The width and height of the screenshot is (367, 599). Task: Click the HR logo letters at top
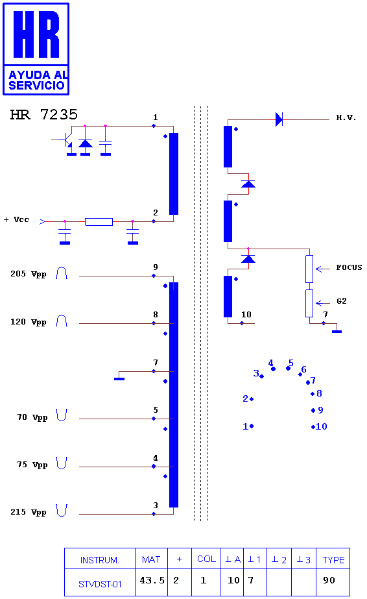(x=36, y=34)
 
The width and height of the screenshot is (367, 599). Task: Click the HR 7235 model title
(x=44, y=114)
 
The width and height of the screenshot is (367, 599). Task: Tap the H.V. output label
(x=346, y=117)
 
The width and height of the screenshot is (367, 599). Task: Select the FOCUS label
(x=349, y=267)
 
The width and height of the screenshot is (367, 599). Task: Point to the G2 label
(x=342, y=301)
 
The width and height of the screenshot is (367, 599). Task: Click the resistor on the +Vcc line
(x=99, y=221)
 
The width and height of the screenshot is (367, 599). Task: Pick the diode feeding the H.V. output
(x=279, y=119)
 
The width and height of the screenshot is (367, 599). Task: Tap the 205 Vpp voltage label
(x=29, y=274)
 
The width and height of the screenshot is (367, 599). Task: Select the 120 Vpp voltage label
(x=29, y=322)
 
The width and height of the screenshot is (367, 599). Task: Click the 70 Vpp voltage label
(x=32, y=417)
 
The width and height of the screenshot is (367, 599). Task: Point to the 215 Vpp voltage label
(x=29, y=512)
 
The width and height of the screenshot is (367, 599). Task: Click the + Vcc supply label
(x=16, y=219)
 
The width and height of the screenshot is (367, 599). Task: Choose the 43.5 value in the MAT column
(x=152, y=580)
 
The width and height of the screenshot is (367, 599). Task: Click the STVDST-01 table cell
(x=100, y=584)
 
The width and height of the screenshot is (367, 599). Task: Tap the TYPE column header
(x=333, y=560)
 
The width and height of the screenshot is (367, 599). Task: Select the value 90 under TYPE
(x=329, y=580)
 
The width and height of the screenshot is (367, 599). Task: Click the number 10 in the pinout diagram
(x=321, y=426)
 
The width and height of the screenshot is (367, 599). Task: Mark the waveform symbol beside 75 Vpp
(x=62, y=463)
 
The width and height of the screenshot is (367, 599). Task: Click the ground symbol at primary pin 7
(x=119, y=378)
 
